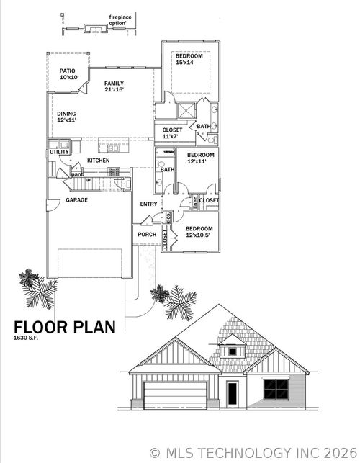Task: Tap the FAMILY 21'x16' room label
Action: tap(114, 87)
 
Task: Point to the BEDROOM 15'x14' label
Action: tap(189, 60)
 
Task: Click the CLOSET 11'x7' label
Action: tap(171, 133)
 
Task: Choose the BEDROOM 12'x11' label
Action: tap(200, 158)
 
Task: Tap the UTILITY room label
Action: tap(59, 153)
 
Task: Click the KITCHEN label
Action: tap(99, 161)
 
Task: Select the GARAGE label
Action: tap(77, 199)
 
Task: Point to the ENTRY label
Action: tap(148, 204)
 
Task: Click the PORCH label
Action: tap(147, 234)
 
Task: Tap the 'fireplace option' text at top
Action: tap(119, 20)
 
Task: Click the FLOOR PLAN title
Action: tap(64, 327)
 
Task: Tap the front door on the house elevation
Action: tap(232, 394)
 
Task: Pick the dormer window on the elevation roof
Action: tap(232, 351)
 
